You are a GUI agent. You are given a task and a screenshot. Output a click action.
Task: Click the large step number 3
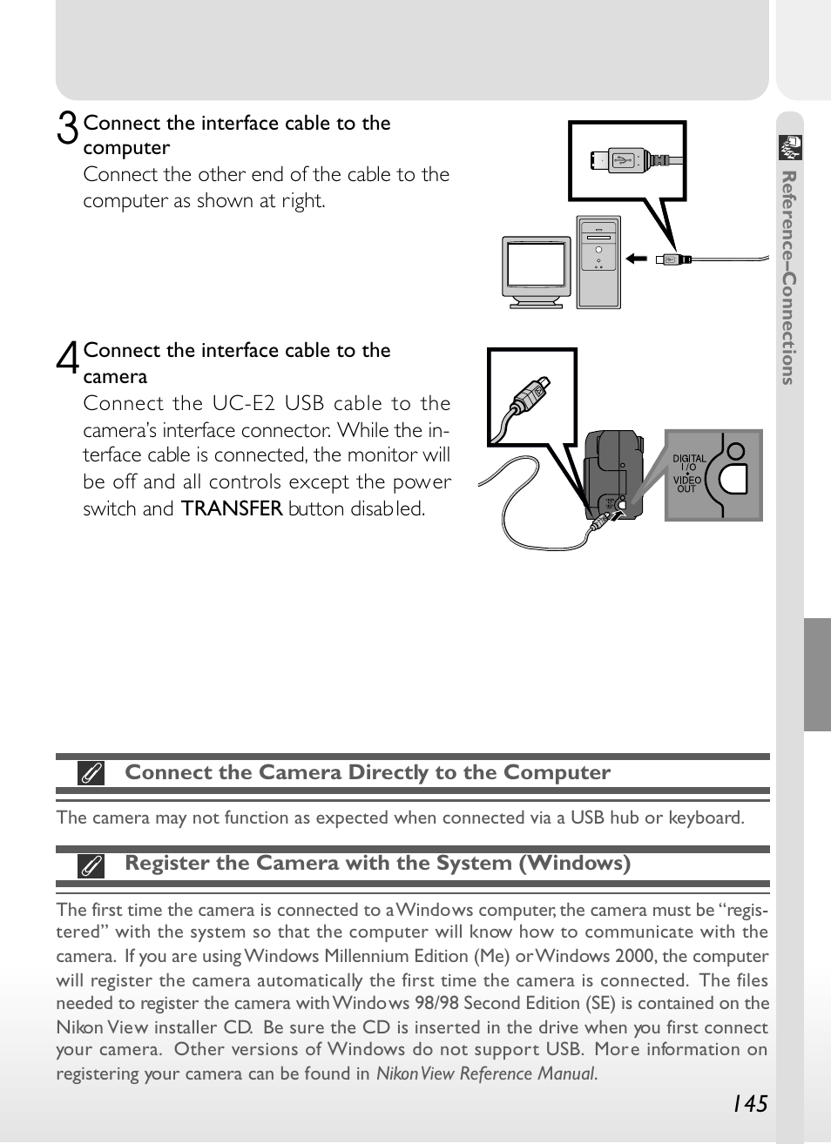pyautogui.click(x=67, y=129)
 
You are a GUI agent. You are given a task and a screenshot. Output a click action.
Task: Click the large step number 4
pyautogui.click(x=68, y=357)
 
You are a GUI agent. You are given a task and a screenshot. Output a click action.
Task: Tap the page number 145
pyautogui.click(x=749, y=1104)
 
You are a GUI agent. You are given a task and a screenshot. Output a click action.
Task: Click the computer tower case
pyautogui.click(x=598, y=261)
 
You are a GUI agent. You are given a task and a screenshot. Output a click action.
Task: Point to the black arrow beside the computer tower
pyautogui.click(x=637, y=259)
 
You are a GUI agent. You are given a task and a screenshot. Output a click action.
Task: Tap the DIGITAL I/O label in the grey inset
pyautogui.click(x=689, y=462)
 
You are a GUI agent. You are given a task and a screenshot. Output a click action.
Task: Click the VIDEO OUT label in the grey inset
pyautogui.click(x=687, y=484)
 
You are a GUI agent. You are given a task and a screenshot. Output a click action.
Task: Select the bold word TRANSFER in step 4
pyautogui.click(x=232, y=508)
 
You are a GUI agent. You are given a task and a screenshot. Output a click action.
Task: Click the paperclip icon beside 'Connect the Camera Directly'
pyautogui.click(x=91, y=773)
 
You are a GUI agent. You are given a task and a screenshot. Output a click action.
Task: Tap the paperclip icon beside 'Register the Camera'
pyautogui.click(x=91, y=865)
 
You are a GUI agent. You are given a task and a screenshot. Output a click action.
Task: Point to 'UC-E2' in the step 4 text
pyautogui.click(x=241, y=403)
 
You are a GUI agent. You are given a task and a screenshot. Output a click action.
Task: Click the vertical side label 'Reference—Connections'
pyautogui.click(x=788, y=277)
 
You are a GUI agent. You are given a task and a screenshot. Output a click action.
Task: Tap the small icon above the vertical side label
pyautogui.click(x=790, y=148)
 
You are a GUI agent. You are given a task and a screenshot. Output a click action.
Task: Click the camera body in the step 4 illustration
pyautogui.click(x=612, y=470)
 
